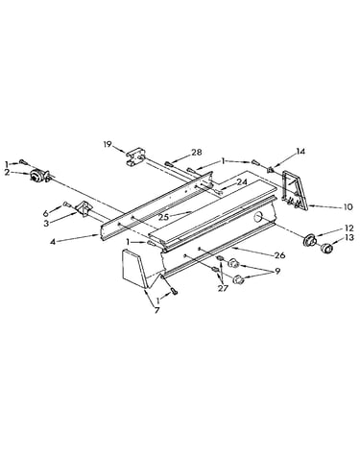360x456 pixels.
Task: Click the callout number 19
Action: click(x=108, y=144)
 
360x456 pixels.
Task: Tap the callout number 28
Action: click(x=197, y=153)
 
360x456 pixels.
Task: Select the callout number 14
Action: click(x=300, y=151)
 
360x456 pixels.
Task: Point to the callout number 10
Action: click(x=348, y=206)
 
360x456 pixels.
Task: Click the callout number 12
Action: click(x=349, y=228)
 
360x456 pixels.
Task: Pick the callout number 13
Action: click(x=349, y=237)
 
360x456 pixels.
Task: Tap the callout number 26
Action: click(x=279, y=255)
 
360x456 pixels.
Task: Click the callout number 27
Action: click(x=223, y=288)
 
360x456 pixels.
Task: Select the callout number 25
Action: click(x=164, y=217)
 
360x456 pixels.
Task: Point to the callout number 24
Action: click(x=242, y=181)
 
